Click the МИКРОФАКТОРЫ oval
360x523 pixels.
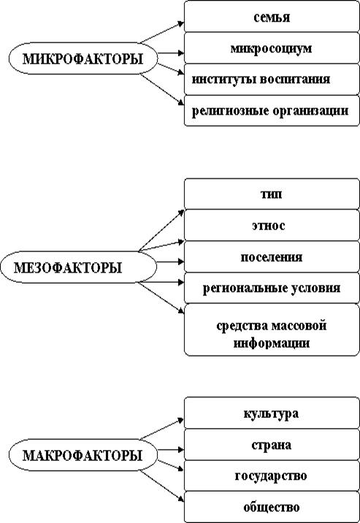[x=83, y=58]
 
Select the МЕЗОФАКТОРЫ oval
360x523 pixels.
[x=78, y=267]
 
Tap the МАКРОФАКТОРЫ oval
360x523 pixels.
[x=83, y=455]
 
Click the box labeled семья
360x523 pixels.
[x=272, y=17]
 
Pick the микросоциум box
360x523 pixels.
[x=272, y=48]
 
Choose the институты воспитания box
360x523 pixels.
[x=272, y=80]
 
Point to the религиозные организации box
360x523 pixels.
[x=272, y=110]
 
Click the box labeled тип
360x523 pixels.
[x=272, y=194]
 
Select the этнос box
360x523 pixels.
[x=272, y=225]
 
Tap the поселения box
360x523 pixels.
[x=272, y=256]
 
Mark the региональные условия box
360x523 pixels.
[x=272, y=288]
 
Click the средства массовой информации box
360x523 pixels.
[x=272, y=329]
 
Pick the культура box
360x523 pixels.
[x=272, y=413]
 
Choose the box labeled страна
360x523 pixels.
[x=272, y=444]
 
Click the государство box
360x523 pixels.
[x=272, y=476]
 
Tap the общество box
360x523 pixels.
[x=272, y=507]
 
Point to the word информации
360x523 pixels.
[x=272, y=343]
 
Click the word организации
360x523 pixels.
[x=310, y=111]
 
